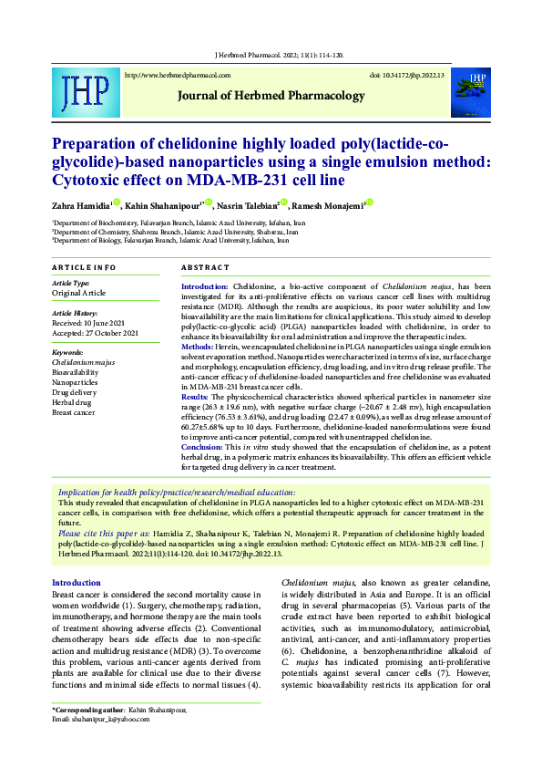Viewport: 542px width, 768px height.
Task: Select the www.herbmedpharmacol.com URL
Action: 177,76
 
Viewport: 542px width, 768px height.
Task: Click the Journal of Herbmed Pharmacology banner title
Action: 258,96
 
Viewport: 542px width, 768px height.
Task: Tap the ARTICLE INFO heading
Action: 84,267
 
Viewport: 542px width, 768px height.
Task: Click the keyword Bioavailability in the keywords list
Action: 76,372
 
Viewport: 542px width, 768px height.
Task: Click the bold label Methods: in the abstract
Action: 198,348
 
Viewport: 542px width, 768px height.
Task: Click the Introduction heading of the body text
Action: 76,582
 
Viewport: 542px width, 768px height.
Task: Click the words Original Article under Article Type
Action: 79,294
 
